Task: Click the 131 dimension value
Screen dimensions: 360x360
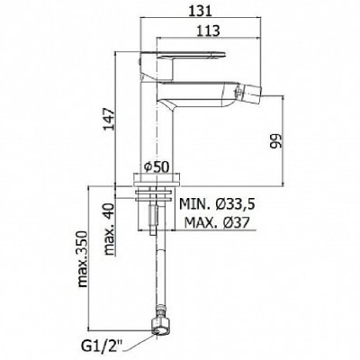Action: tap(201, 11)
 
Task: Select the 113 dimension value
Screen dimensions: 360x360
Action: tap(209, 30)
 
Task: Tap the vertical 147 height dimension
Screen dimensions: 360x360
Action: tap(109, 119)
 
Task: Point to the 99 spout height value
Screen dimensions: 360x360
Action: tap(276, 140)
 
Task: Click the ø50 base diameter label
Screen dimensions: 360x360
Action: tap(156, 166)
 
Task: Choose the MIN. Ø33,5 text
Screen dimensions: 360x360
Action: tap(217, 204)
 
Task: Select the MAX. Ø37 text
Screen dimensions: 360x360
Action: tap(217, 222)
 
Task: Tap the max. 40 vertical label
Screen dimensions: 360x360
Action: tap(110, 229)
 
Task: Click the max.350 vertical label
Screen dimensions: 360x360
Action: tap(82, 259)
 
